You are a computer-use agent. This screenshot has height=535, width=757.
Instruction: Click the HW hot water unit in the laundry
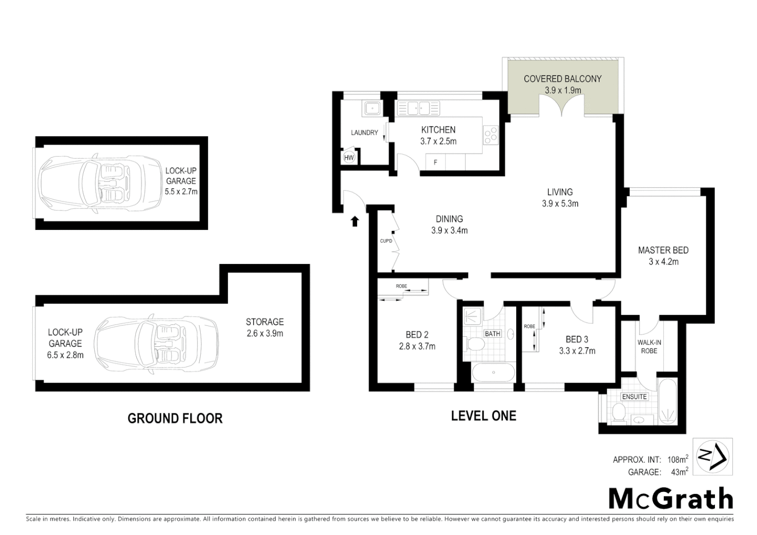coord(349,158)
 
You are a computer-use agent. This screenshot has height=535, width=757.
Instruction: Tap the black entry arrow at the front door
coord(355,221)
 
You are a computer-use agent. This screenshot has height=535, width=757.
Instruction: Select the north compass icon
coord(712,457)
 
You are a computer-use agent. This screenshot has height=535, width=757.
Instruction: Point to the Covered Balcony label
coord(562,79)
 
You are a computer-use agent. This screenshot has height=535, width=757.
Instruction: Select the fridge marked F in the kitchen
coord(435,162)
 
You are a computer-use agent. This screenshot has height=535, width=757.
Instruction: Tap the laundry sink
coord(371,108)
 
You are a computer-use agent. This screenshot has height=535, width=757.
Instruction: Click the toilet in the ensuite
coord(618,413)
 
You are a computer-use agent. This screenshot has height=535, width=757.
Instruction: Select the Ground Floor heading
coord(175,419)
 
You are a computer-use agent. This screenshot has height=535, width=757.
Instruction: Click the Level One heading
coord(483,416)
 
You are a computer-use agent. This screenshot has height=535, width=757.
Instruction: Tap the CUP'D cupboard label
coord(386,241)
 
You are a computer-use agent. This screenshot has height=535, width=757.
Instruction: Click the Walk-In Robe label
coord(649,346)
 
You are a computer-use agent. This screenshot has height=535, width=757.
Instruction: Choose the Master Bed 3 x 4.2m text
coord(663,256)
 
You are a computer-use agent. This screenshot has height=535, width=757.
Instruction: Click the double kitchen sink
coord(418,108)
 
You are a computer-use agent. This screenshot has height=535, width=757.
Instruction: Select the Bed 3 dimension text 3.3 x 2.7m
coord(577,351)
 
